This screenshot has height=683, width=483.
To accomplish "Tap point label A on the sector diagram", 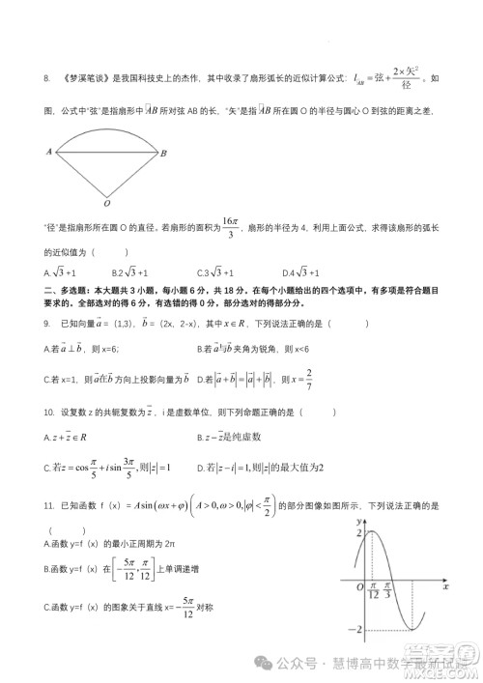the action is pos(47,152).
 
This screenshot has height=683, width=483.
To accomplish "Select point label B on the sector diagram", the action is pos(163,153).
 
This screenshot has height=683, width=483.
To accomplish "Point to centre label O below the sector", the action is pos(106,204).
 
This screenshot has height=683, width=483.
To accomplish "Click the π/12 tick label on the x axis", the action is pos(374,592).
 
